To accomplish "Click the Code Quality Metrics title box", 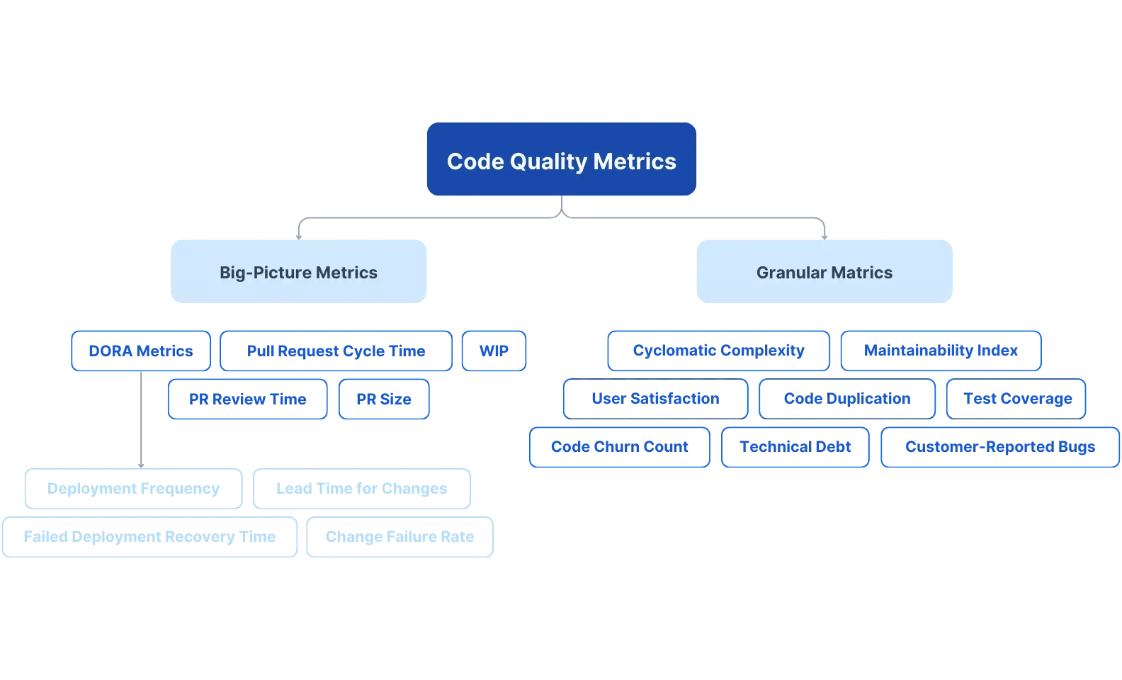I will [x=561, y=159].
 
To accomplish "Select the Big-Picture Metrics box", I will [x=298, y=272].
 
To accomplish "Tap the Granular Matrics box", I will [x=824, y=272].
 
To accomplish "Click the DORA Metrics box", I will [x=141, y=351].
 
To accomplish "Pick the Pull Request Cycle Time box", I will [x=336, y=351].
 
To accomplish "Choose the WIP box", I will [x=494, y=351].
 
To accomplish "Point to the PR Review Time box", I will [x=248, y=399].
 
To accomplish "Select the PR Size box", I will [x=384, y=399].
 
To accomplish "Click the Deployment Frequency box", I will [x=133, y=489].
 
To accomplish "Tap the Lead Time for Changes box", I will [x=361, y=489].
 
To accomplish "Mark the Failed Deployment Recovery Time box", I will [x=149, y=537].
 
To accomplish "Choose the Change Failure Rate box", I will [x=399, y=537].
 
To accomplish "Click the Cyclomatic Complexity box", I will [x=718, y=351].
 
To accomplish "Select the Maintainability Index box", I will [x=941, y=351].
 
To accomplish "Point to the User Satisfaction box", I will [x=655, y=399].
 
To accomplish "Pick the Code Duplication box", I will [x=847, y=399].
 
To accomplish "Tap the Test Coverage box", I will [x=1016, y=399].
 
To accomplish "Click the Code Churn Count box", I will [x=619, y=447].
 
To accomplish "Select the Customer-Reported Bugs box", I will [x=999, y=447].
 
